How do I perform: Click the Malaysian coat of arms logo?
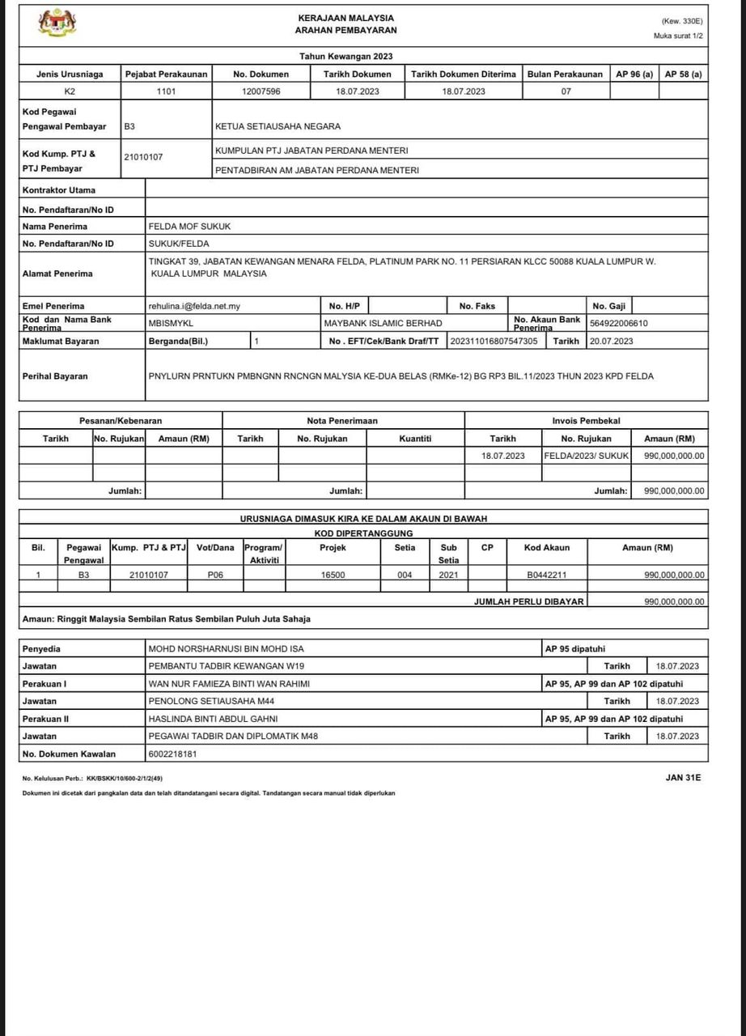(57, 23)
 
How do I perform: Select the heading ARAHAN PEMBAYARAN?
(346, 31)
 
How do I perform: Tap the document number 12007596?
(261, 91)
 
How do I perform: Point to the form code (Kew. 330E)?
(682, 21)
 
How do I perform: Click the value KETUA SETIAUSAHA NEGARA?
(278, 127)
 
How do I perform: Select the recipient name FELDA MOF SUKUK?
(189, 227)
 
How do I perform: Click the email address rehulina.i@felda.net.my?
(194, 306)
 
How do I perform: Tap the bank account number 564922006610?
(619, 324)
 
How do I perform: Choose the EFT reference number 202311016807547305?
(494, 342)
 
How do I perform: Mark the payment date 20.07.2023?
(612, 342)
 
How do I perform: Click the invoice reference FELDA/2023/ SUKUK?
(586, 456)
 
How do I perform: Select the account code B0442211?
(547, 575)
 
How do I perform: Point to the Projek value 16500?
(333, 575)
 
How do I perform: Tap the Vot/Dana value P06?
(214, 575)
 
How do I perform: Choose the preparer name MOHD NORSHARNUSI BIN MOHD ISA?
(227, 649)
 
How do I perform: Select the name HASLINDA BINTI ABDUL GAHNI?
(216, 719)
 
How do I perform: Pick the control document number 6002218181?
(172, 754)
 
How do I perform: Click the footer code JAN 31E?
(683, 778)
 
